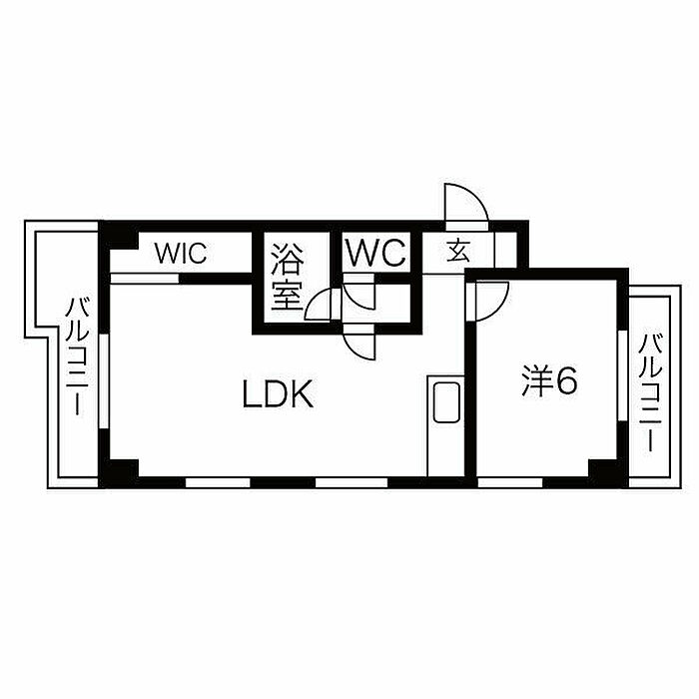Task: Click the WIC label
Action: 180,253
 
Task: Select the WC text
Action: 375,253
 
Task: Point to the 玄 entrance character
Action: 458,251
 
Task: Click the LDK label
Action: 279,396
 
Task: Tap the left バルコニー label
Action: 76,356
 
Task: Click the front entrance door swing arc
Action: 465,203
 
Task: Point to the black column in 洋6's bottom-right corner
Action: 603,470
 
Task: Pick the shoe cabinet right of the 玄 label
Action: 507,247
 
